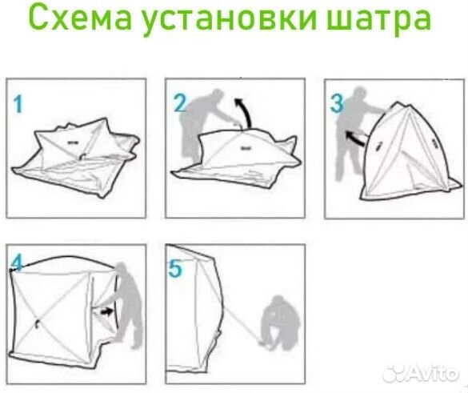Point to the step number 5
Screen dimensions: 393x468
point(175,268)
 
